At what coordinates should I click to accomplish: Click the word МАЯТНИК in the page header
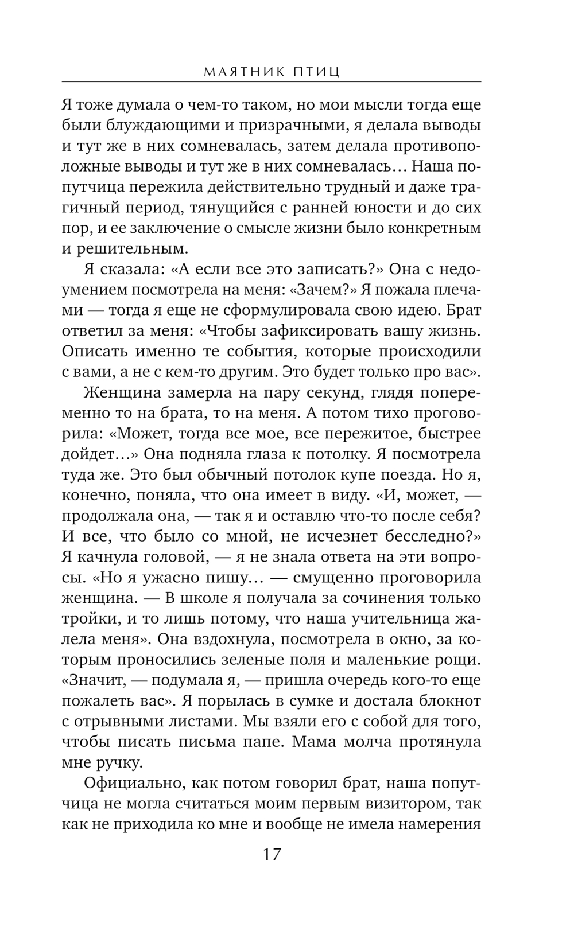247,72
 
